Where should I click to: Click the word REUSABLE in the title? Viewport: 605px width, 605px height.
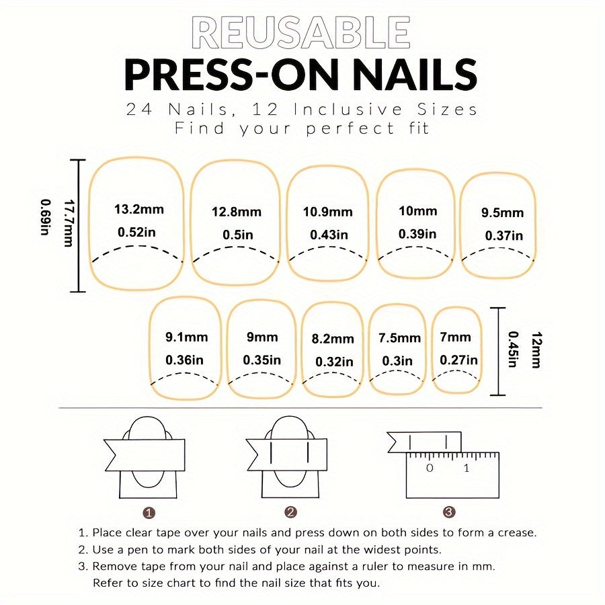click(301, 32)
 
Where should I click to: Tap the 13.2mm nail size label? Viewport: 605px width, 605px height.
click(139, 209)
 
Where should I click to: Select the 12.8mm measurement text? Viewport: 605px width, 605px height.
click(237, 212)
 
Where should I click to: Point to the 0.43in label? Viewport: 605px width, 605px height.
click(329, 235)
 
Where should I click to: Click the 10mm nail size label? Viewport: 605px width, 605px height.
click(417, 211)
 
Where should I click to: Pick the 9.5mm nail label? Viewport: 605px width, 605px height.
click(502, 213)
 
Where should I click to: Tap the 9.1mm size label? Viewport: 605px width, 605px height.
click(186, 337)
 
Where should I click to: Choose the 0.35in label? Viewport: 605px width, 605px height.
click(262, 360)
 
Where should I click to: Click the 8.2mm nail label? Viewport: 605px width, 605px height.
click(333, 339)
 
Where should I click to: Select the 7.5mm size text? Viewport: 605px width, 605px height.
click(399, 337)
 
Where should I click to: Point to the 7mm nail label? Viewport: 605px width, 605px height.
click(456, 336)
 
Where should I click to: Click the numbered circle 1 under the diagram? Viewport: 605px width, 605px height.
click(149, 512)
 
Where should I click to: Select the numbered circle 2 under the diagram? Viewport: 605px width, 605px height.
click(290, 512)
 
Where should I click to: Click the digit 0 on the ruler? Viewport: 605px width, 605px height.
click(430, 468)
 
